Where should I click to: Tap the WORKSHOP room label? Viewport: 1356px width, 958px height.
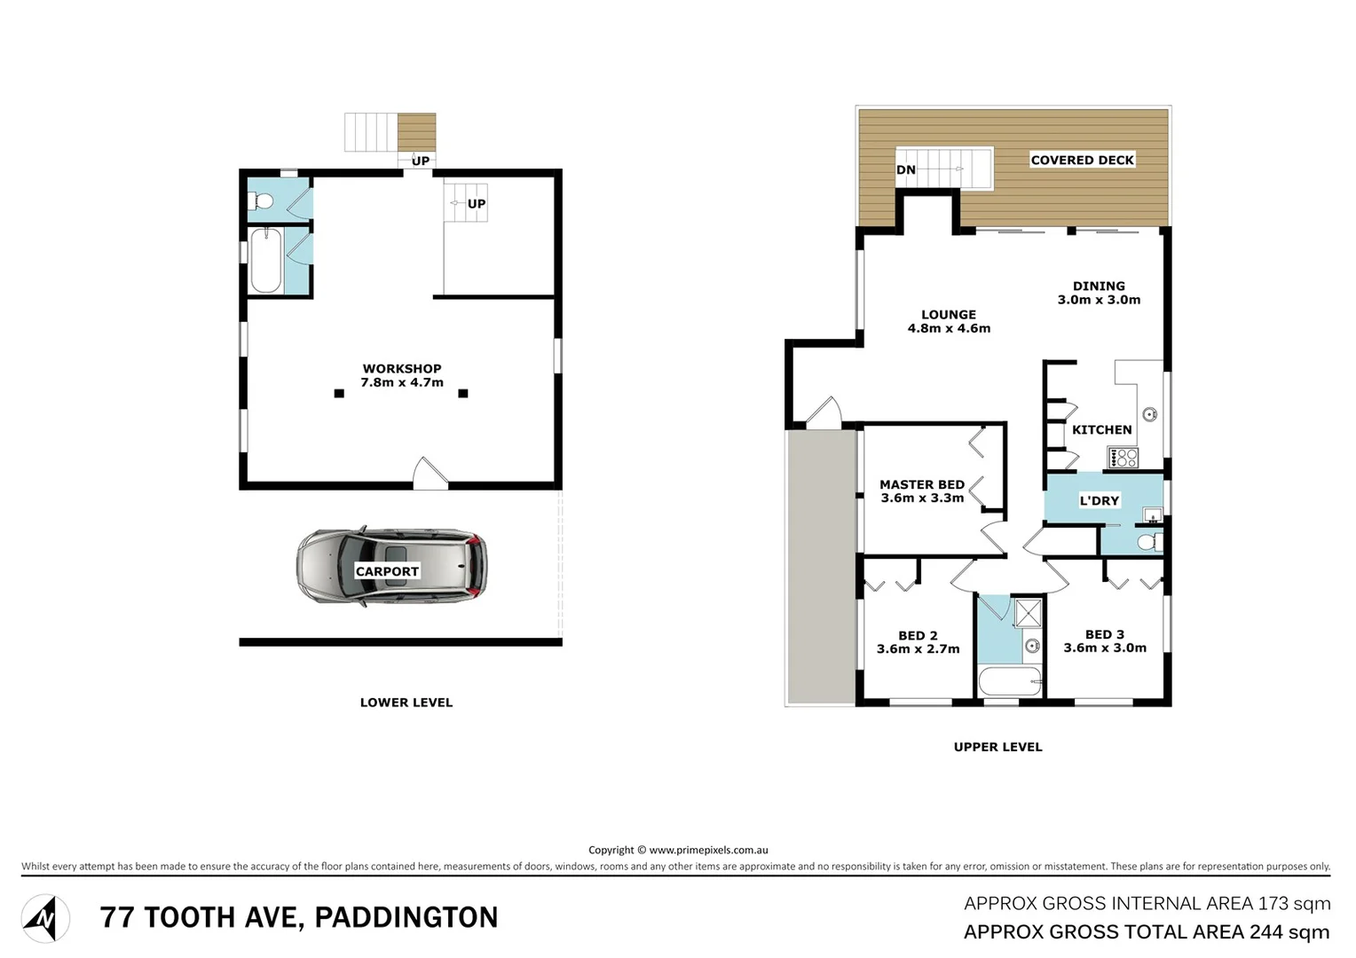pos(402,369)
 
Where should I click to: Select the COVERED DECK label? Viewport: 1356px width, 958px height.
pos(1082,161)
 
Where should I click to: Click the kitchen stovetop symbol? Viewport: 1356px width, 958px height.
pos(1123,458)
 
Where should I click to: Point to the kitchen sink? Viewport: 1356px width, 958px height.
pos(1149,414)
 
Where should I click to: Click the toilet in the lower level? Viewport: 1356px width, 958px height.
pos(261,201)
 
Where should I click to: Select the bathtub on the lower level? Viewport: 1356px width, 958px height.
pos(265,261)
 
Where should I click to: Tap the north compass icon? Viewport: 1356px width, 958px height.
pos(45,918)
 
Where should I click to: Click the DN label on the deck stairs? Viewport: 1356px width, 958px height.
pos(905,170)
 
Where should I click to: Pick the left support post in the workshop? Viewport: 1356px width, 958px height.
pos(339,393)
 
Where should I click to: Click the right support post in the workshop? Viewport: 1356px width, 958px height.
pos(462,393)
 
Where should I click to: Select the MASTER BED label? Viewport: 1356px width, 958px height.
pos(921,485)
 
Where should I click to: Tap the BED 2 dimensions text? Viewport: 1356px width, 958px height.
pos(918,649)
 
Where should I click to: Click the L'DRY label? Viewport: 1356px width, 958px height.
pos(1099,501)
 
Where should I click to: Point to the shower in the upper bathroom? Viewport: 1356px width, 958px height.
pos(1029,613)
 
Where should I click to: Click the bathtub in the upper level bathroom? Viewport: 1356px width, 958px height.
pos(1010,682)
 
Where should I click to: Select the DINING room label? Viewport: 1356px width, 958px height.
pos(1099,287)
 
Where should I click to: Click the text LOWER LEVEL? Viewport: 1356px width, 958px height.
pos(406,703)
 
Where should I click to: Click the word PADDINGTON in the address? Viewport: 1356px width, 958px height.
pos(406,917)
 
